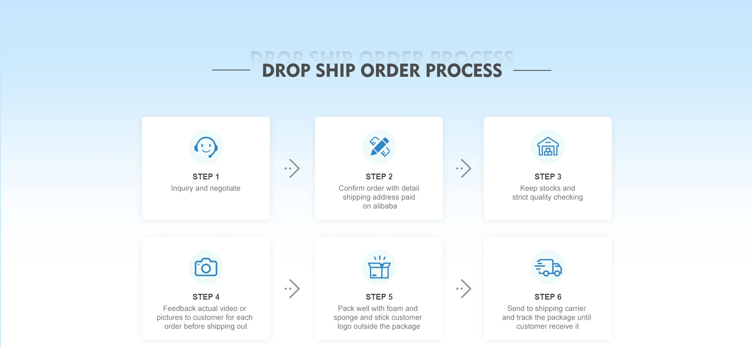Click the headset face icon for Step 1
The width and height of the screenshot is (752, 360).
206,147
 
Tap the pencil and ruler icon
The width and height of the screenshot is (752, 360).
379,147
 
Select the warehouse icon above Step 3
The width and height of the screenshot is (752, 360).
548,147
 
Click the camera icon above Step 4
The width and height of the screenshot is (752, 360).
206,267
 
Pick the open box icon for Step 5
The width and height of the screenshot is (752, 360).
379,267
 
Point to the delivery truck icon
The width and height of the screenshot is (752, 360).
548,267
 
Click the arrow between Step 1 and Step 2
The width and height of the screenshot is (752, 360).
293,168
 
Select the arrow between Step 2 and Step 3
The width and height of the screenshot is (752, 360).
464,168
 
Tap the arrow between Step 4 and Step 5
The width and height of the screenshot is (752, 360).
293,289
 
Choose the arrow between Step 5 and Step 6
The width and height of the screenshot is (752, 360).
464,289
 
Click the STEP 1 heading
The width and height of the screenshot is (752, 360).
206,177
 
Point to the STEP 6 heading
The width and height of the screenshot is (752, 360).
548,297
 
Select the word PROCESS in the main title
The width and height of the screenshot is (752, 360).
464,71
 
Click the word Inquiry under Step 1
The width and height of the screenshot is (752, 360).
182,188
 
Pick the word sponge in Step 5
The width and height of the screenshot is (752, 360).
345,318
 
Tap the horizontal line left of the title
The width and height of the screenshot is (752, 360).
231,70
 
